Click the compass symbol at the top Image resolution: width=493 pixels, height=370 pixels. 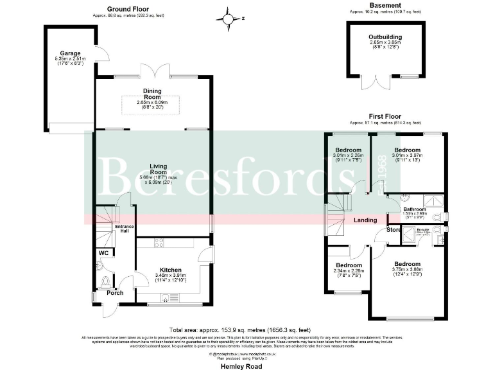point(227,19)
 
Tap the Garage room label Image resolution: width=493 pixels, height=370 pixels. point(69,54)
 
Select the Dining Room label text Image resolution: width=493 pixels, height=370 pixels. point(151,96)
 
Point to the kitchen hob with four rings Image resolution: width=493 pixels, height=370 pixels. point(159,242)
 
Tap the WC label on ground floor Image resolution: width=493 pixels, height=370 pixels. point(103,253)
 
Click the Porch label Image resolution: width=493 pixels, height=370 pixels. point(115,293)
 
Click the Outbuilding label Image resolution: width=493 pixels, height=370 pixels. point(385,37)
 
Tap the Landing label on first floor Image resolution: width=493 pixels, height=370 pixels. point(365,220)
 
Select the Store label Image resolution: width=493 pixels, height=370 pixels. point(394,230)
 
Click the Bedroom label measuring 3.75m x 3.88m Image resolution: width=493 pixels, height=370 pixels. point(407,264)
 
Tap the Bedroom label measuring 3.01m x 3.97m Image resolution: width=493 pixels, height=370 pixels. point(408,150)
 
